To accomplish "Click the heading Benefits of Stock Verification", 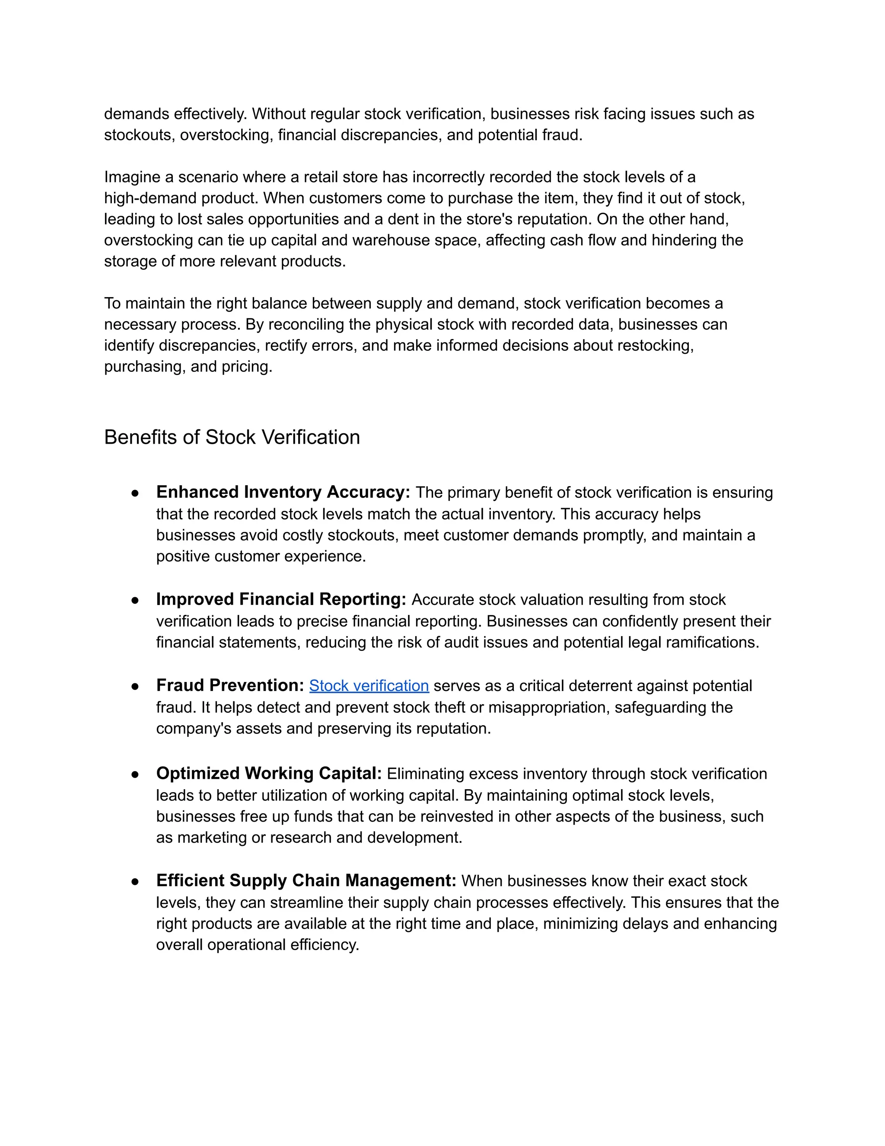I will point(232,437).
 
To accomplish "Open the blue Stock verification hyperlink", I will point(369,686).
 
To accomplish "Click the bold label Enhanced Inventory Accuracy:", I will point(283,492).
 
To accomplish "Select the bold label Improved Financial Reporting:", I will point(281,599).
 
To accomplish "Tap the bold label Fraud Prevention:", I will point(230,685).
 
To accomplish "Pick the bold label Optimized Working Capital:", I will point(269,774).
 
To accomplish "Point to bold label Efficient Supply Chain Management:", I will point(306,880).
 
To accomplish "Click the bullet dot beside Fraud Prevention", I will point(135,686).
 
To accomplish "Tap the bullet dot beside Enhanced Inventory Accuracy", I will point(135,493).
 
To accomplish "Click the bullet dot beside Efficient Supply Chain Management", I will point(135,881).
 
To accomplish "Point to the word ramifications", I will point(712,642).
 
